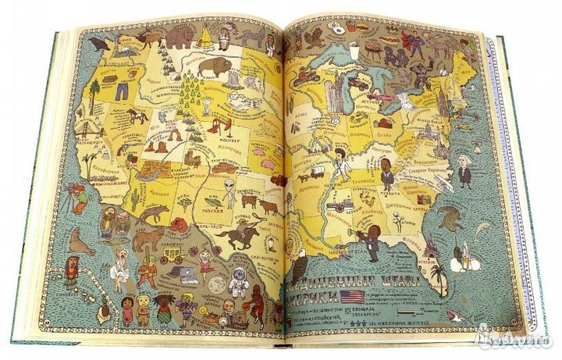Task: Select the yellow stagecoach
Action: [171, 255]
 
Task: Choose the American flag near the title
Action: [351, 296]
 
